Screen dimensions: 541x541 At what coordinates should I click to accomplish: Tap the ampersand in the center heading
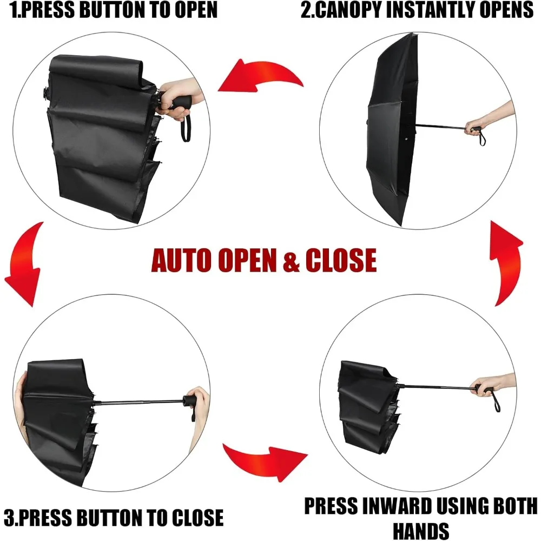click(x=291, y=260)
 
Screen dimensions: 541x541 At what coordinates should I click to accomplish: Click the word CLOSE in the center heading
click(x=341, y=260)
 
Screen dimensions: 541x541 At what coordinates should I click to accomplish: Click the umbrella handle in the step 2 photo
click(x=476, y=129)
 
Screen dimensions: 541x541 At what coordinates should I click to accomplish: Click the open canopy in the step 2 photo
click(x=392, y=130)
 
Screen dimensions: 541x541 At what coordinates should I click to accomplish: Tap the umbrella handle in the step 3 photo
click(x=190, y=401)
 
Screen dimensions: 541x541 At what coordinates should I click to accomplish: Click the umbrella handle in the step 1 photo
click(x=176, y=103)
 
